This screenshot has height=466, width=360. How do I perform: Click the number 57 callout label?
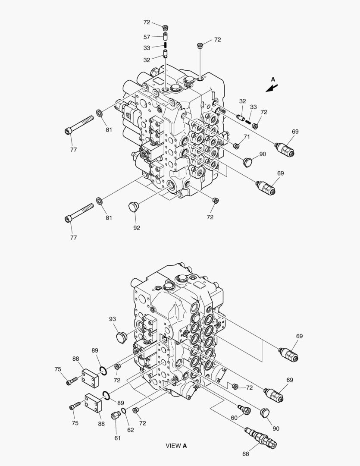point(147,37)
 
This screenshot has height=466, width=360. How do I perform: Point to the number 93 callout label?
point(112,319)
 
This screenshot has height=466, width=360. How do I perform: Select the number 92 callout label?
point(137,228)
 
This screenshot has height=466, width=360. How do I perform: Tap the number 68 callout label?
point(246,454)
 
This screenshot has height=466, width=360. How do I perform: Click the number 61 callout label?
point(118,438)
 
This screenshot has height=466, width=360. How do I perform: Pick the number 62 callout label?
point(131,430)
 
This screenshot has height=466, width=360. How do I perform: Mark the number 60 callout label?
point(234,418)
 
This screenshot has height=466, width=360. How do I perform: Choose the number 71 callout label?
point(247,137)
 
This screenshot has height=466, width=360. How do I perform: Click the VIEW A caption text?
point(176,446)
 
